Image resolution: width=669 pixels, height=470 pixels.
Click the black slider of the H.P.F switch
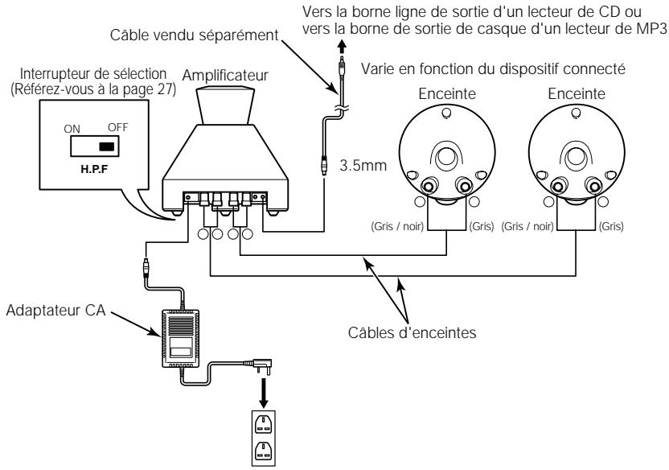[x=105, y=147]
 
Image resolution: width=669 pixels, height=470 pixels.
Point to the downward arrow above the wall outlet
[x=261, y=394]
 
